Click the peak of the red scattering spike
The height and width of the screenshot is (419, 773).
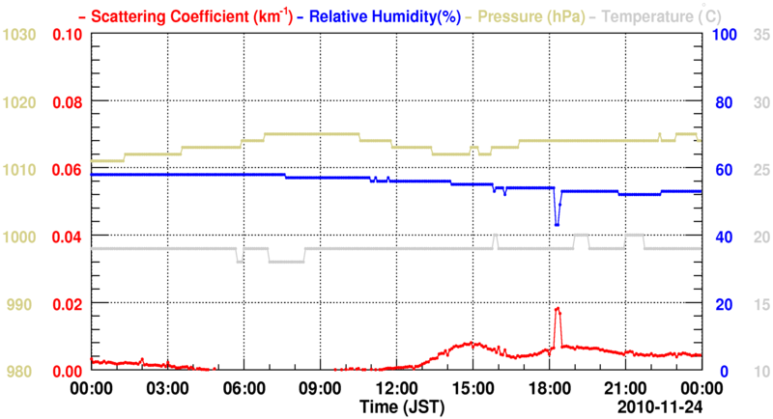[x=558, y=309]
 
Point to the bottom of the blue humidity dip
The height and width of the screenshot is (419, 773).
[x=557, y=224]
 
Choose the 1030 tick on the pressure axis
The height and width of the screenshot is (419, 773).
[x=20, y=35]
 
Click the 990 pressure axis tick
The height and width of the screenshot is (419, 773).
[x=20, y=304]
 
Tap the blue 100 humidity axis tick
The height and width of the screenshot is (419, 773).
[x=723, y=35]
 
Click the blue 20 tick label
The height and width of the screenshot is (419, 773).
[x=719, y=304]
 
